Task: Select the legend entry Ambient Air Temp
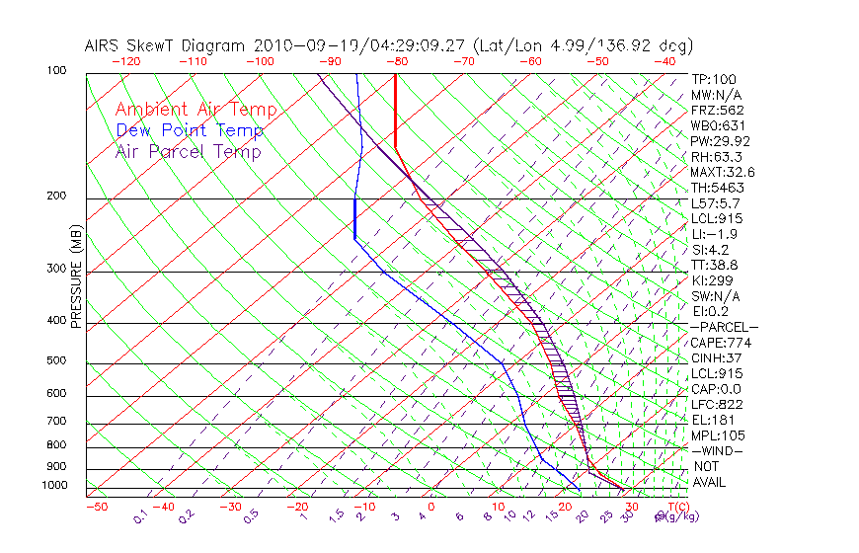point(195,110)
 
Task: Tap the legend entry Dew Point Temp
point(189,130)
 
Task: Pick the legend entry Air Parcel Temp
point(188,151)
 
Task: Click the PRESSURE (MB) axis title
point(76,281)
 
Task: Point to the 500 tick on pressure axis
point(58,361)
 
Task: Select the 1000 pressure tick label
point(55,486)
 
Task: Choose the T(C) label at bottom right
point(677,507)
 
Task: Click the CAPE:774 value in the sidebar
point(717,343)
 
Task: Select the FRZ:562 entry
point(717,110)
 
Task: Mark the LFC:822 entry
point(717,405)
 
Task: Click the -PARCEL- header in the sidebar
point(724,327)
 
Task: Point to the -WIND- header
point(717,451)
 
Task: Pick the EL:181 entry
point(713,420)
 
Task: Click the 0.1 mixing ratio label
point(140,516)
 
